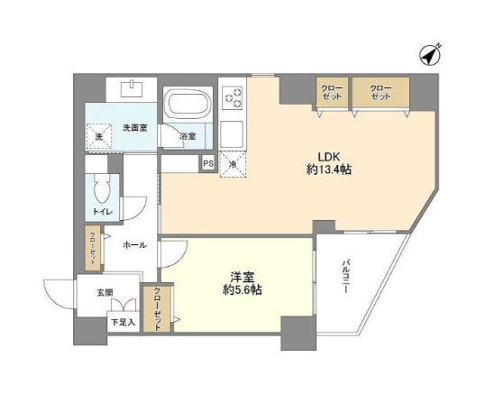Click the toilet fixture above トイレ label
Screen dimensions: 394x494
102,189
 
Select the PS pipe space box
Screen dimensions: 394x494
208,163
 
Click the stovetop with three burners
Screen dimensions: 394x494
232,96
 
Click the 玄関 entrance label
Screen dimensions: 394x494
105,291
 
